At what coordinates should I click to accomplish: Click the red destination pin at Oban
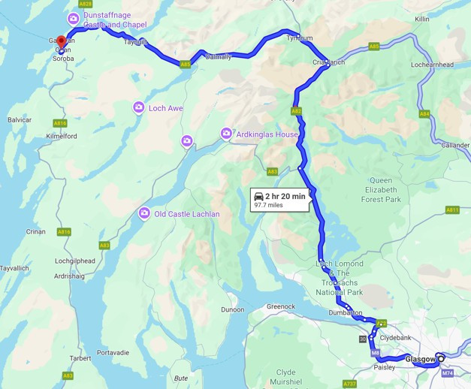pos(62,41)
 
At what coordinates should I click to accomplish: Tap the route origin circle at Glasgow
pos(441,358)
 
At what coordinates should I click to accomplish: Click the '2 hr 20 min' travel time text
pos(285,196)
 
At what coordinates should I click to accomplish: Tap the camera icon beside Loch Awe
pos(138,108)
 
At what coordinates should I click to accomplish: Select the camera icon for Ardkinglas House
pos(225,134)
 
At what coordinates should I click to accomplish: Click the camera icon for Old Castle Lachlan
pos(144,214)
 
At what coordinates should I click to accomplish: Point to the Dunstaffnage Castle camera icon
pos(73,19)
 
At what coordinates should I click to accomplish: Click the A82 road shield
pos(296,110)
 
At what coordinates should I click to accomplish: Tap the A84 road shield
pos(424,114)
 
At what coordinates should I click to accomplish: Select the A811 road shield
pos(451,210)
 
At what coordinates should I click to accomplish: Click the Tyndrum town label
pos(299,38)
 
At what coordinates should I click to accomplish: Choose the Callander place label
pos(455,145)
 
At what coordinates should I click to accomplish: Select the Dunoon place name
pos(232,309)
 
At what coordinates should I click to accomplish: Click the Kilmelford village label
pos(62,136)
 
